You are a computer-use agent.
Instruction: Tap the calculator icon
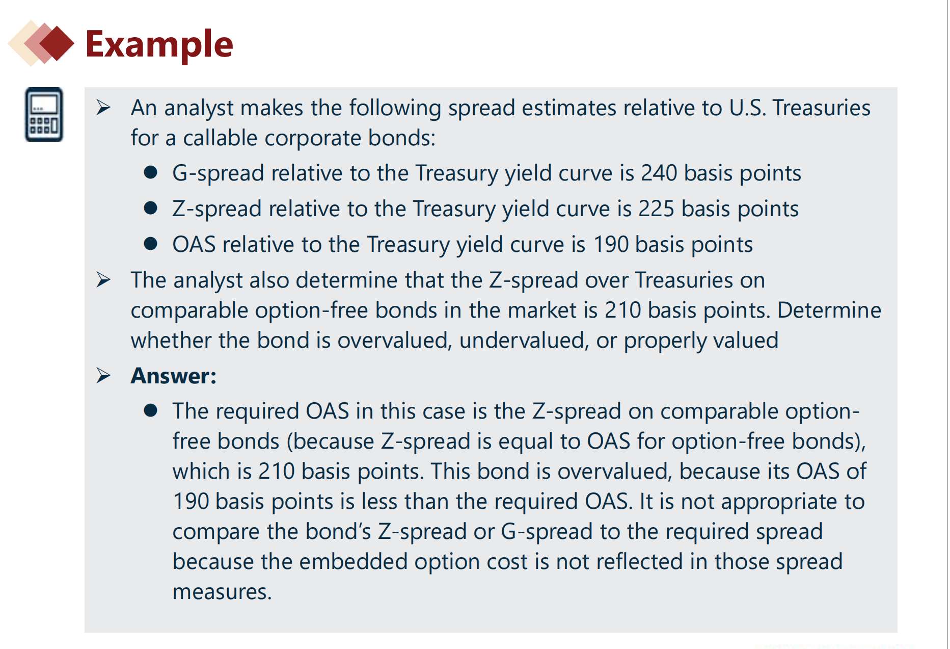point(44,114)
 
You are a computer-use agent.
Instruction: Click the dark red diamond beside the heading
point(57,44)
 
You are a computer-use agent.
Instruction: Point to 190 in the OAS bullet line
point(611,245)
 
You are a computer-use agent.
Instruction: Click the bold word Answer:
point(174,376)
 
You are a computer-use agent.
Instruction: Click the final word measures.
point(222,592)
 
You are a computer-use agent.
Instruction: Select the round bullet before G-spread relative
point(150,172)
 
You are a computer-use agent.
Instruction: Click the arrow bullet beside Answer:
point(103,376)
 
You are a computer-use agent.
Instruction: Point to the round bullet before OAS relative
point(150,244)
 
